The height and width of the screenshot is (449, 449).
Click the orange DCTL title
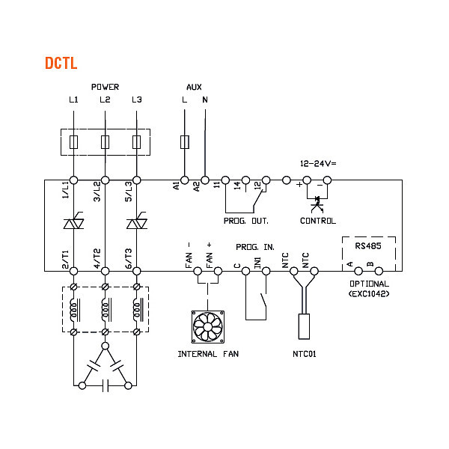[61, 64]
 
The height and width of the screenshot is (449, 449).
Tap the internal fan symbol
[209, 327]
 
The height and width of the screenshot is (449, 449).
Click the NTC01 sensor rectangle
[305, 327]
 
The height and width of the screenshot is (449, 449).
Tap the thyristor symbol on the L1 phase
[73, 223]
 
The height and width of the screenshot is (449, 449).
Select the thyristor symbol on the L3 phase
[136, 223]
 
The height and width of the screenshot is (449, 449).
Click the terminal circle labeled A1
[185, 180]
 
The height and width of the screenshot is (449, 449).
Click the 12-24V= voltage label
[317, 162]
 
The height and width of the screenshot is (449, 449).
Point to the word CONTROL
[317, 221]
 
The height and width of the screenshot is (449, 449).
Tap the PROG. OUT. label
[246, 221]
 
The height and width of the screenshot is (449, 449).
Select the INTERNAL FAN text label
[209, 353]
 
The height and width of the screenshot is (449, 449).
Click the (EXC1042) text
[369, 293]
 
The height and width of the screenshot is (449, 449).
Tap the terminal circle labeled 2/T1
[73, 271]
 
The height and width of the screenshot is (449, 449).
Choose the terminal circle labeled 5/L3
[136, 180]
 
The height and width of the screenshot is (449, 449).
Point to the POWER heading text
[105, 87]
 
